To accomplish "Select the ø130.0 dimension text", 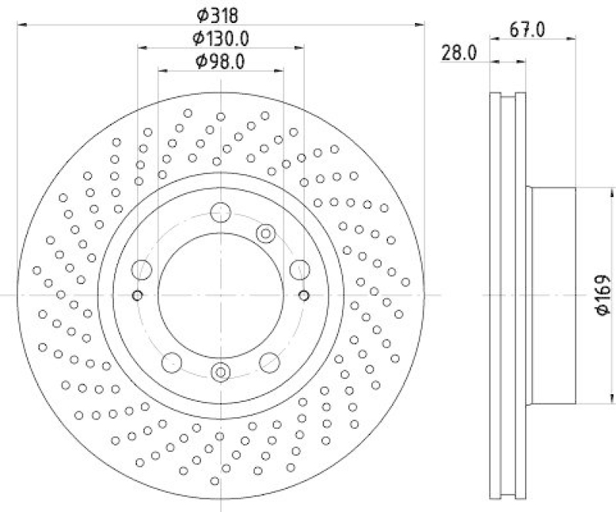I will pyautogui.click(x=220, y=38).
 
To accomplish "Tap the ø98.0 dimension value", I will pyautogui.click(x=220, y=62).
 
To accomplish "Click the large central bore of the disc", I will pyautogui.click(x=220, y=295).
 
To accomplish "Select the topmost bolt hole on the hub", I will pyautogui.click(x=220, y=212).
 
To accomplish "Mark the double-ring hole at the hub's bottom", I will pyautogui.click(x=220, y=373).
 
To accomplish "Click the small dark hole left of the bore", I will pyautogui.click(x=138, y=296).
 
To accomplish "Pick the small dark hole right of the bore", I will pyautogui.click(x=303, y=296).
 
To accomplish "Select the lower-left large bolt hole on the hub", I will pyautogui.click(x=171, y=360).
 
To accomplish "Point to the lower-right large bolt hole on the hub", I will pyautogui.click(x=269, y=360).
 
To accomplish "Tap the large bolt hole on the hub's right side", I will pyautogui.click(x=299, y=269).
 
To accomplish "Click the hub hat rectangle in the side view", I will pyautogui.click(x=551, y=295).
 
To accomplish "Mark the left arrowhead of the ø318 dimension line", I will pyautogui.click(x=20, y=25).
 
